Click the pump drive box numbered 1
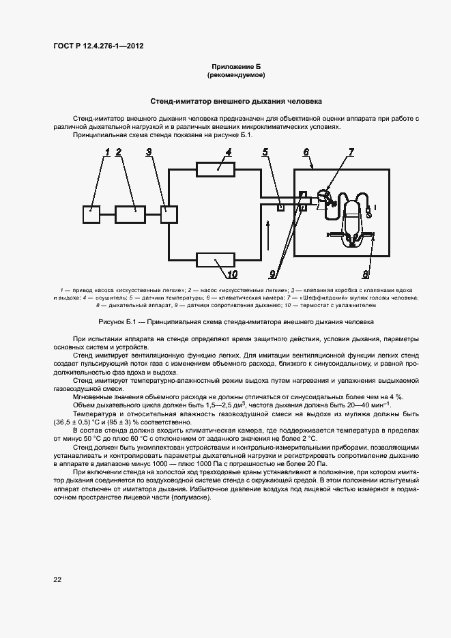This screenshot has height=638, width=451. pos(91,214)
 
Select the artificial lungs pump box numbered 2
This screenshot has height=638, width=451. pos(130,214)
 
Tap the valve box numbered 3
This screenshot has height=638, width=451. pos(169,214)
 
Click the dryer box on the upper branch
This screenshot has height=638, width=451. pos(215,168)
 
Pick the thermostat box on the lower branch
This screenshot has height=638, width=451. pos(215,259)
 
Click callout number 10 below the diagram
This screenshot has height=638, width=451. pos(232,274)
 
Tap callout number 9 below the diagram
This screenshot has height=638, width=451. pos(273,274)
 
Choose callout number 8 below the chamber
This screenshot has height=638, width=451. pos(365,274)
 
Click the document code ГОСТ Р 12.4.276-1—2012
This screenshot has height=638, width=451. pos(98,46)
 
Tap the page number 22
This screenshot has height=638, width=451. pos(57,579)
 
